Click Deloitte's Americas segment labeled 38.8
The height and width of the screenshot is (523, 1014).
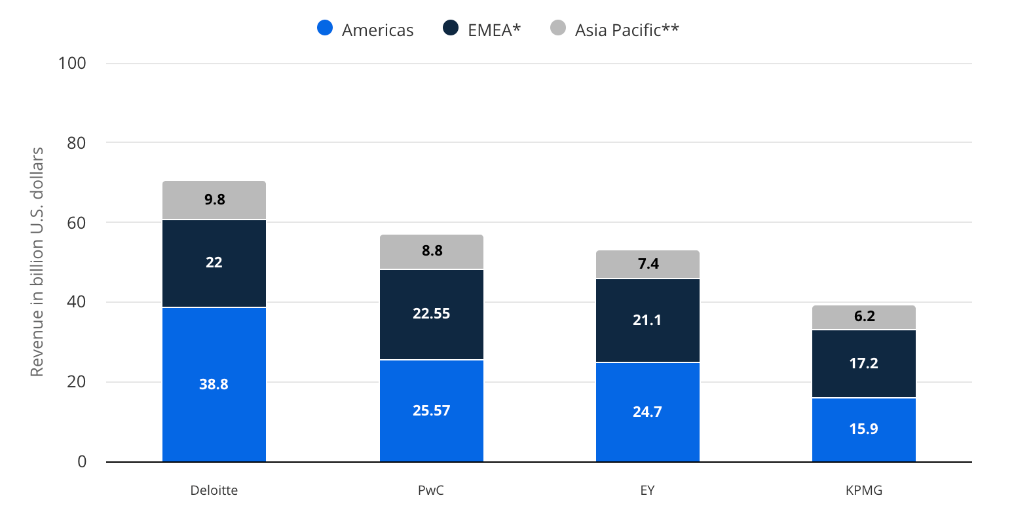click(x=214, y=385)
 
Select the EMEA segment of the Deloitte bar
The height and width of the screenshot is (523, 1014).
click(x=214, y=263)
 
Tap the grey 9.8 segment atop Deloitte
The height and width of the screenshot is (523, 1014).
click(x=214, y=200)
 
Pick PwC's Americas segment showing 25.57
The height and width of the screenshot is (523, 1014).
click(x=432, y=411)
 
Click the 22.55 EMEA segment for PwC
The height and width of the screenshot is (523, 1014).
click(x=432, y=314)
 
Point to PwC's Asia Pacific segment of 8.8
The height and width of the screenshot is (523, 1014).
click(x=432, y=252)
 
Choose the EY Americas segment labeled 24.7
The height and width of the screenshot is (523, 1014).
click(x=648, y=412)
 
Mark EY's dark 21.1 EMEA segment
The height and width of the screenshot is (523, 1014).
click(x=648, y=320)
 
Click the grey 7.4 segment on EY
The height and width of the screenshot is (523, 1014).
click(x=648, y=264)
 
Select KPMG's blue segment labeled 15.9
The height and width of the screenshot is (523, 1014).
click(x=864, y=430)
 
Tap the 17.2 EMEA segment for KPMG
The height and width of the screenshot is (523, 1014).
click(x=864, y=364)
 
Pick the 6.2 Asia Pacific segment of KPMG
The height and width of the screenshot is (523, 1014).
click(x=864, y=317)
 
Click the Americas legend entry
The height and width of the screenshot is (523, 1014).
click(x=366, y=29)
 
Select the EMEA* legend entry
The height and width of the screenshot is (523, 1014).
click(x=482, y=29)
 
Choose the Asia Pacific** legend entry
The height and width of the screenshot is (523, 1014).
click(x=614, y=29)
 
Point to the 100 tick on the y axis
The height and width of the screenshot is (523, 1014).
click(x=72, y=63)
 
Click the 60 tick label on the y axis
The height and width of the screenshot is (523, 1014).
click(x=76, y=223)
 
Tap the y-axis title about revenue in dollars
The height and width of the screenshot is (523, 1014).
click(x=37, y=261)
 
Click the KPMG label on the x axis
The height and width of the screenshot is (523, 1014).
click(x=864, y=490)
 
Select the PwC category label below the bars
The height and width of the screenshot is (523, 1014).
click(x=431, y=490)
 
